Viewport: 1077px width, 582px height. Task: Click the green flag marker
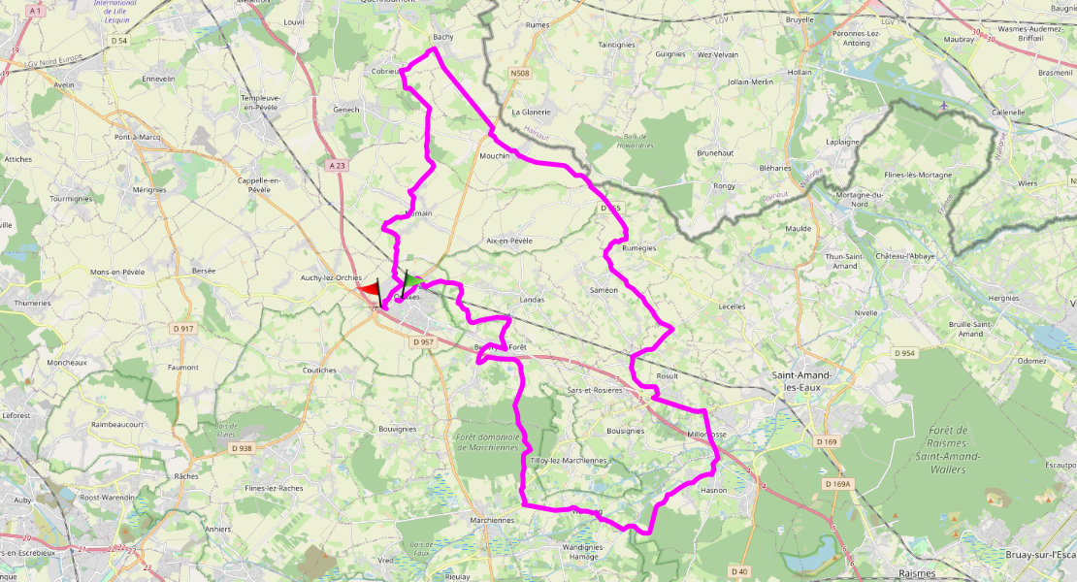click(x=411, y=281)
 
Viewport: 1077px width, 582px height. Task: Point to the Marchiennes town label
click(x=491, y=520)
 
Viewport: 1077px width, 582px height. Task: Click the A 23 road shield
click(x=337, y=166)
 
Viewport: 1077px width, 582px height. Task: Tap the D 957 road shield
click(x=421, y=342)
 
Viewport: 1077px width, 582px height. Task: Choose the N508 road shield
click(x=520, y=73)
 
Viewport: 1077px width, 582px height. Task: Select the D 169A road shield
click(x=836, y=483)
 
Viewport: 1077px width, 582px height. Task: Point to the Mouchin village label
click(x=494, y=155)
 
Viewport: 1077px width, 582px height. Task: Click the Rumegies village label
click(x=638, y=247)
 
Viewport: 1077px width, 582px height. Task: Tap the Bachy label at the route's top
click(x=442, y=37)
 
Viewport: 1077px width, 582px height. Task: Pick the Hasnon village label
click(x=713, y=491)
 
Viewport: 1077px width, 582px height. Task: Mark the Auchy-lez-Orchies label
click(x=332, y=278)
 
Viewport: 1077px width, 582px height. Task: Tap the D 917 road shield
click(x=181, y=329)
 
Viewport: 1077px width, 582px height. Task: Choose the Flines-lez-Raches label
click(x=274, y=488)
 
